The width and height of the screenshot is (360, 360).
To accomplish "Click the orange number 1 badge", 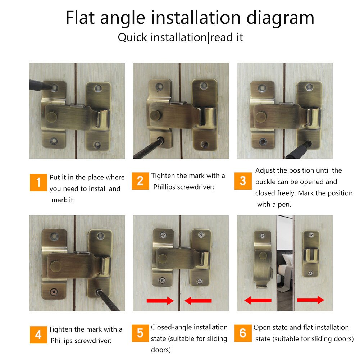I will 38,183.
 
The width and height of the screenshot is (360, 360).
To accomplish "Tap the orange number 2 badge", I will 140,181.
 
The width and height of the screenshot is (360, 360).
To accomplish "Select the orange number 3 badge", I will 243,181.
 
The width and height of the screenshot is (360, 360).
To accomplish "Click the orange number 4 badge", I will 38,335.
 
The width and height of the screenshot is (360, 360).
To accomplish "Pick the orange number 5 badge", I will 140,333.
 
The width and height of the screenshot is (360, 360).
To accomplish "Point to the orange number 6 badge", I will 243,333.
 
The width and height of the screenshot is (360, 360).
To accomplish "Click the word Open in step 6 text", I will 262,327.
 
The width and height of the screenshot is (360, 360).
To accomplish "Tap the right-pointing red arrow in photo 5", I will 160,301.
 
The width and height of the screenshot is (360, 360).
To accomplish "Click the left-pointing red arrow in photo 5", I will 198,301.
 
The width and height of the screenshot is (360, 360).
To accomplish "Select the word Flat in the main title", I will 80,18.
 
